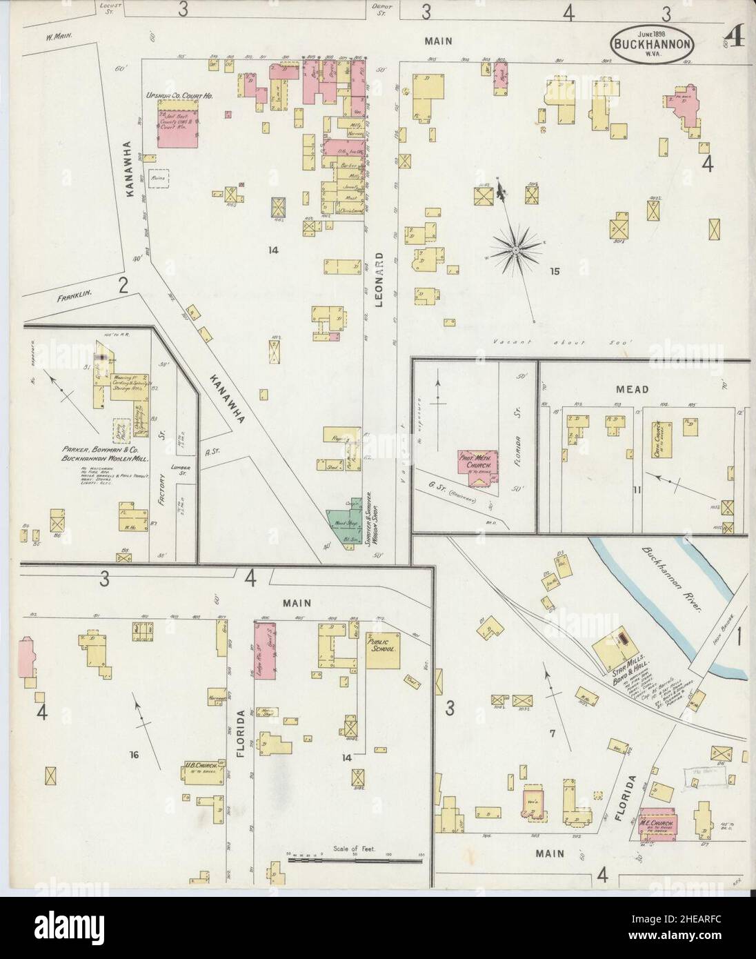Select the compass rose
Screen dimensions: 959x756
click(515, 250)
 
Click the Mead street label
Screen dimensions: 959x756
click(632, 390)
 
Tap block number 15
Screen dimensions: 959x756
click(553, 271)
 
